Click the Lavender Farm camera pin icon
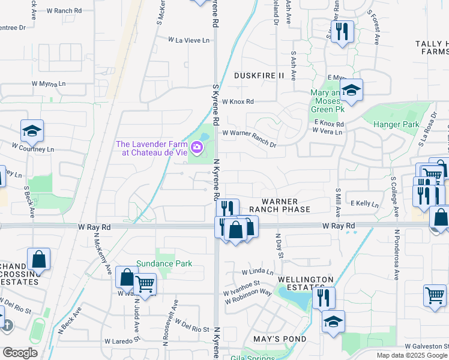pyautogui.click(x=197, y=147)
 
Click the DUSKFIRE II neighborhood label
pyautogui.click(x=259, y=76)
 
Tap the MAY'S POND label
pyautogui.click(x=280, y=339)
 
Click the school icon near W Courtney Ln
pyautogui.click(x=32, y=130)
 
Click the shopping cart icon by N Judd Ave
pyautogui.click(x=145, y=285)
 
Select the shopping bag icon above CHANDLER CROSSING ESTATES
pyautogui.click(x=38, y=259)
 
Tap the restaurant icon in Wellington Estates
pyautogui.click(x=323, y=297)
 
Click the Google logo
pyautogui.click(x=20, y=353)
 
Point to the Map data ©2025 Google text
pyautogui.click(x=411, y=355)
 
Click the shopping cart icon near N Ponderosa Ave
pyautogui.click(x=434, y=295)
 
